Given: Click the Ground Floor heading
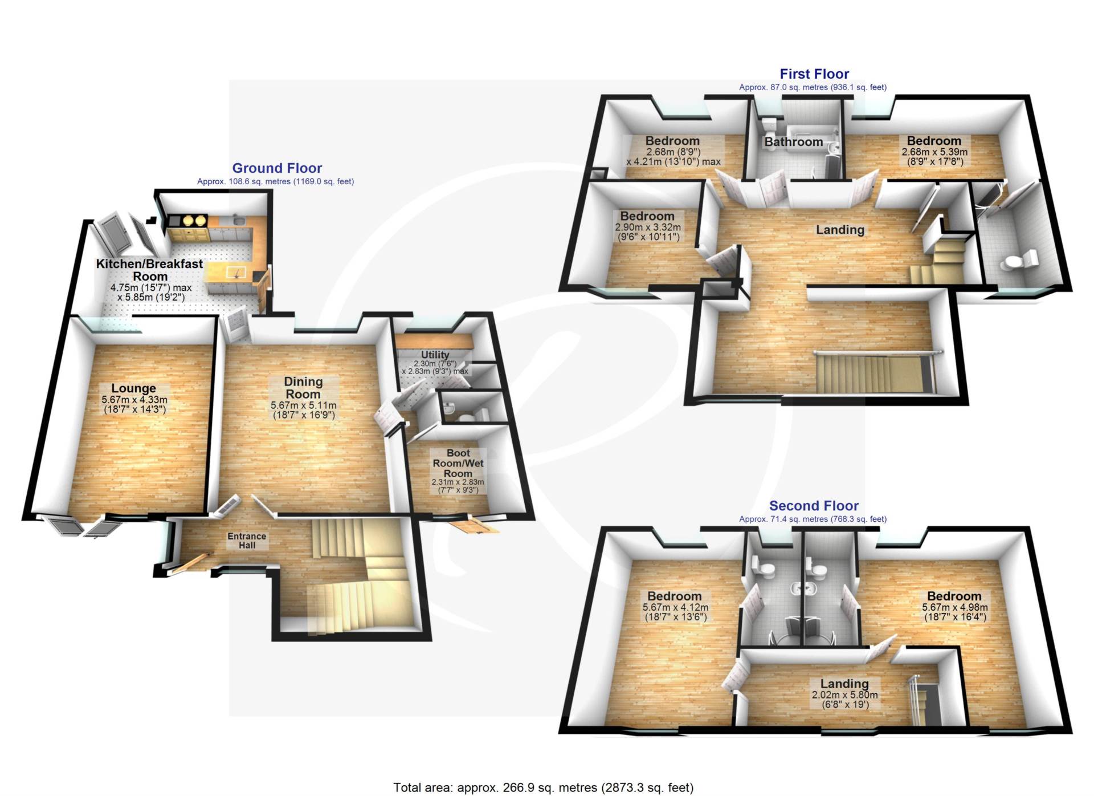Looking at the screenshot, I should (x=277, y=168).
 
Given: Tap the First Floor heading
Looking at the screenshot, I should (x=814, y=74).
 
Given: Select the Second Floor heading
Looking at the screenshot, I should (x=814, y=506).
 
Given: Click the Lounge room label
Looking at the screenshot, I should (x=134, y=388).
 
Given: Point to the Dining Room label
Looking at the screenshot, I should (x=303, y=388).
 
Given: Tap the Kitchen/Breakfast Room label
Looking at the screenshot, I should (x=149, y=270).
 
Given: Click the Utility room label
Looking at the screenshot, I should (x=435, y=355).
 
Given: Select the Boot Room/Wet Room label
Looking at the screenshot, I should (x=458, y=463).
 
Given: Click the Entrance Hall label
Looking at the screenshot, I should (x=247, y=541).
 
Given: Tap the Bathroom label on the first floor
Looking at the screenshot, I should (x=793, y=142).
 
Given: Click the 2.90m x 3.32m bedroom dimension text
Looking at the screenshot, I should (x=648, y=232).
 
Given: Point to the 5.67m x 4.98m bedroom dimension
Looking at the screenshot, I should (x=955, y=612).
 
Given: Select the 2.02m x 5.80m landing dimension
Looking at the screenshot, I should (x=844, y=700).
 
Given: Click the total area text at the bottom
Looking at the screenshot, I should (x=544, y=787).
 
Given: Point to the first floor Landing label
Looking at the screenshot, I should (x=840, y=230).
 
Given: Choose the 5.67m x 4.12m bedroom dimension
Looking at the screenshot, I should (x=675, y=612).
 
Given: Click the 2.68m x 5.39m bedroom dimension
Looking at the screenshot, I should (x=934, y=157).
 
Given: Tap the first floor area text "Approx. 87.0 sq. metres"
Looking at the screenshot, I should (x=813, y=87).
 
